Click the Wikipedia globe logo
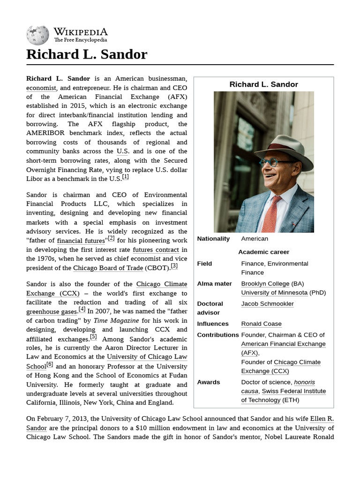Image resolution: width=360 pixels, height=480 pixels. pos(37,35)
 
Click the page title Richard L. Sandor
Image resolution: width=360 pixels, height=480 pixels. pos(87,54)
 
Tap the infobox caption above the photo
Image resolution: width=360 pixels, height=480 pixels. pos(263,84)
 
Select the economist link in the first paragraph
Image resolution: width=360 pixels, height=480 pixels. pos(41,88)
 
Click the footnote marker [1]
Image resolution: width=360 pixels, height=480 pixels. pos(125,177)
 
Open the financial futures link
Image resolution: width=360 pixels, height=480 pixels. pos(81,241)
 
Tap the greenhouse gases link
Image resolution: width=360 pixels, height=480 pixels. pos(51,312)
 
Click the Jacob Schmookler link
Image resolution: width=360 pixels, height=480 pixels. pos(267,304)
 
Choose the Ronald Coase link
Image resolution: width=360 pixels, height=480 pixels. pos(261,324)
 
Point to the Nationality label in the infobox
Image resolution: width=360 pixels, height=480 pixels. pos(213,239)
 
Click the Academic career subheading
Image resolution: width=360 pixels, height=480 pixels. pos(263,252)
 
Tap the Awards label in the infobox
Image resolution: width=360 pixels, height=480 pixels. pos(209,382)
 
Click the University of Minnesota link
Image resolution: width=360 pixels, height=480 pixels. pos(274,292)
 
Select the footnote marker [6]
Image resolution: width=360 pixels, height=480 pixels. pos(50,365)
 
